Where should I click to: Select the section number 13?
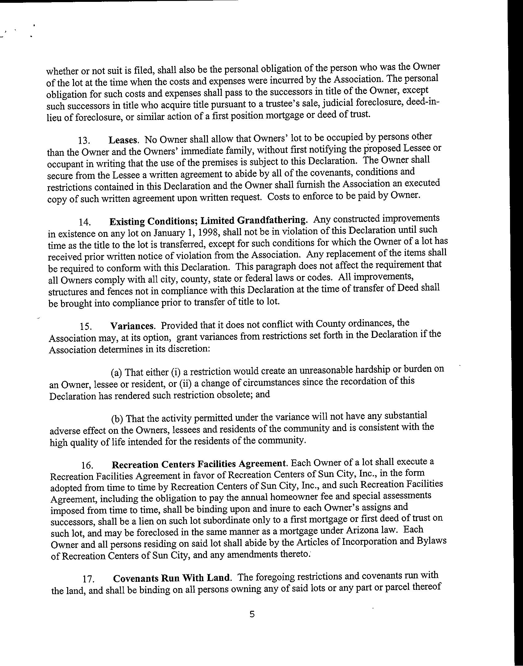tap(84, 141)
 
